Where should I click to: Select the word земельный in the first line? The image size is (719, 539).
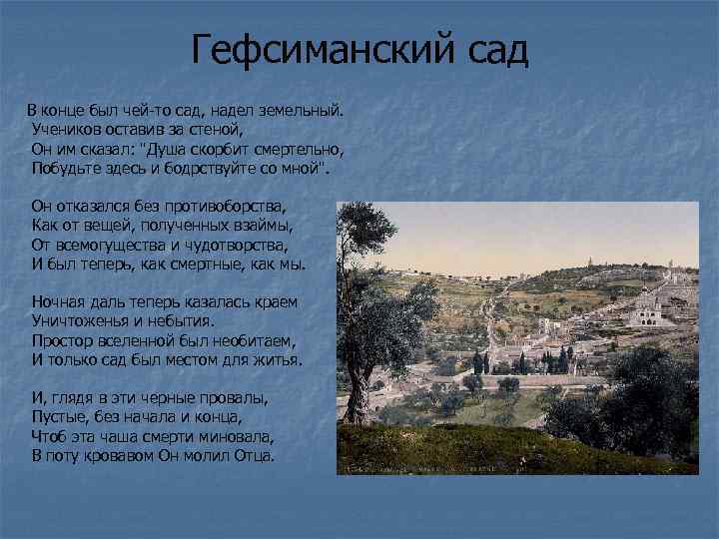click(299, 108)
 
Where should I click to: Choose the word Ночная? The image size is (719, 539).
click(59, 301)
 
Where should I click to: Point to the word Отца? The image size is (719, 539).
click(253, 456)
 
